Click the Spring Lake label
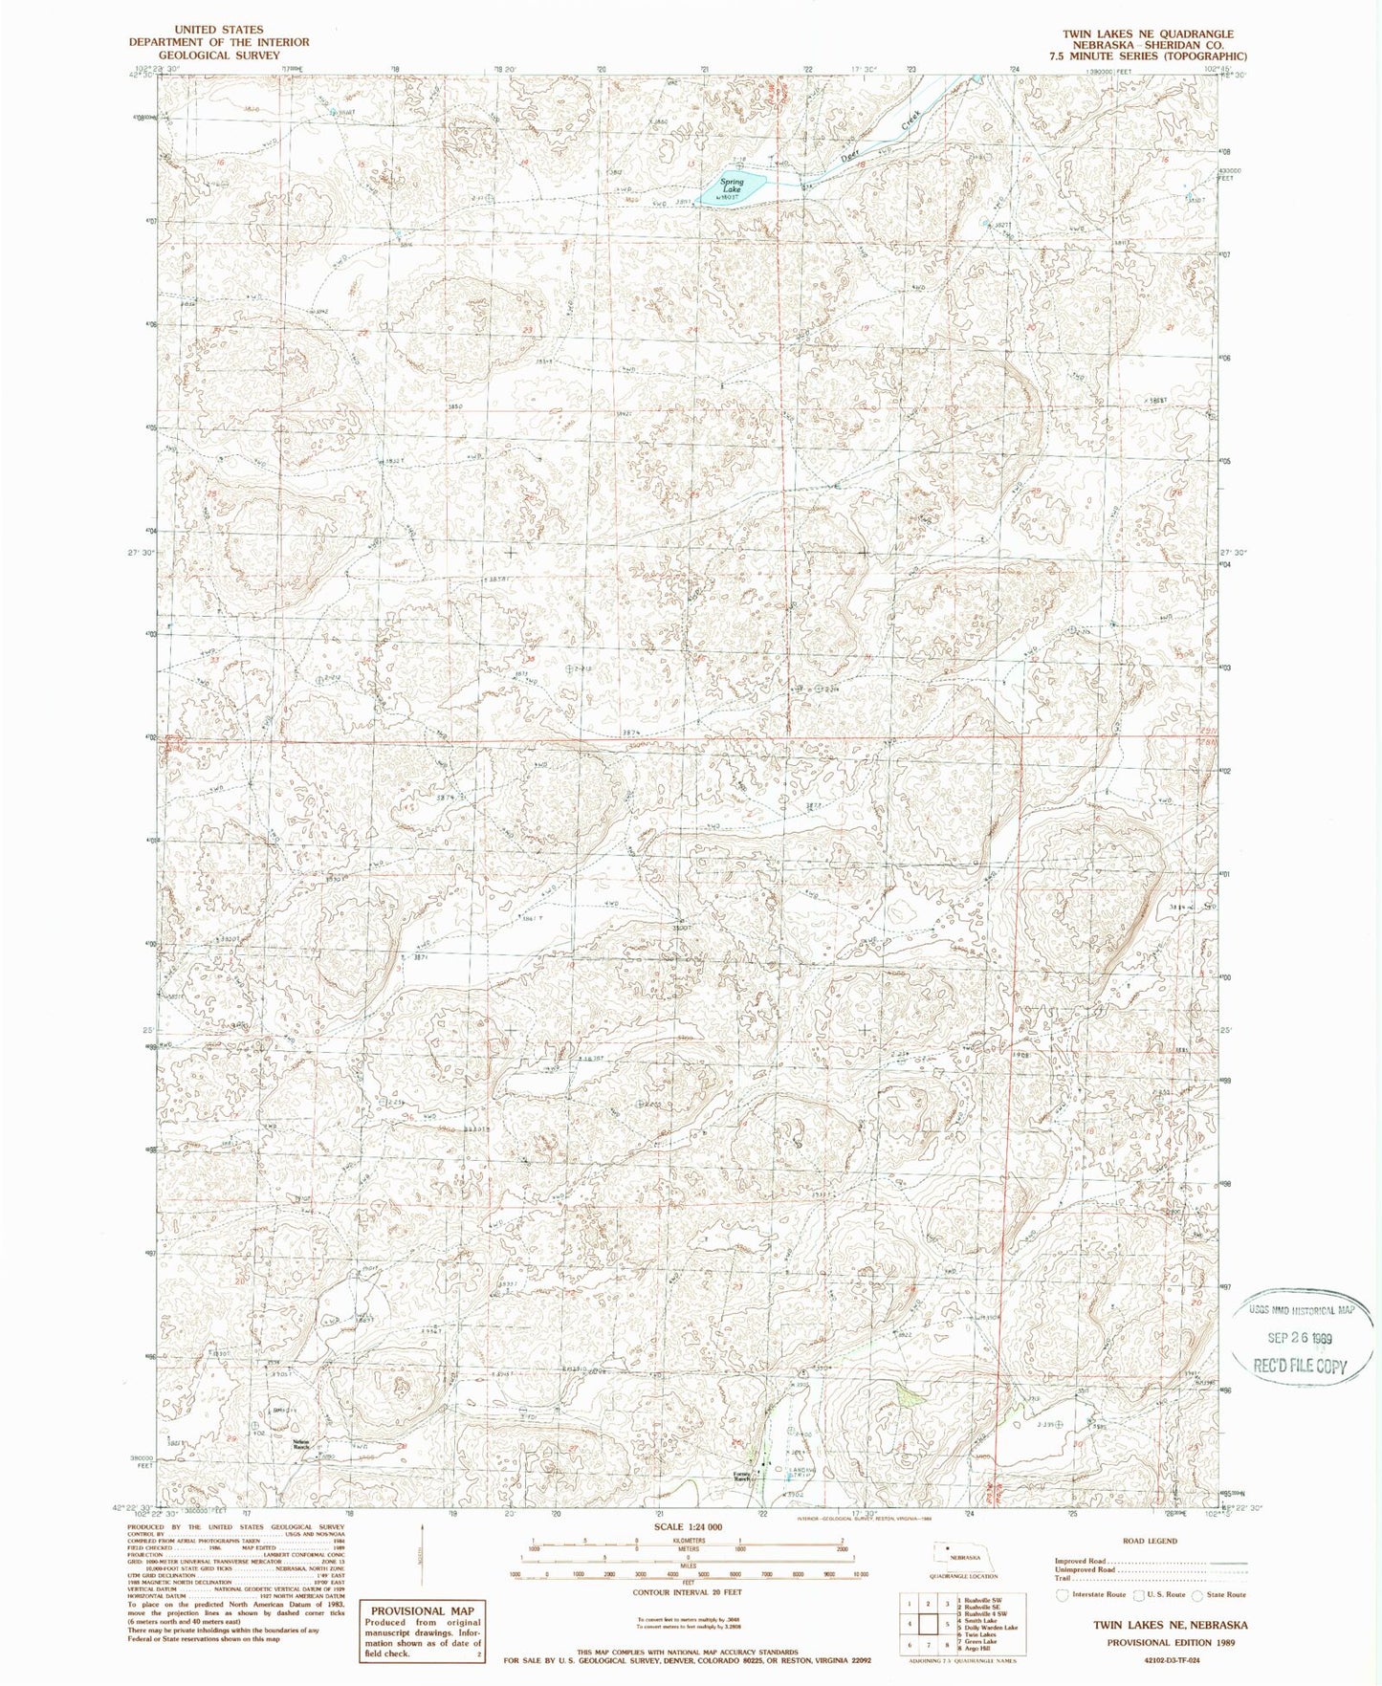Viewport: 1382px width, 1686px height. coord(732,186)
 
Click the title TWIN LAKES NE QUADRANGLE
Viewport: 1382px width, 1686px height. coord(1148,33)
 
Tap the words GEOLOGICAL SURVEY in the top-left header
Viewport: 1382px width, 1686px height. coord(219,55)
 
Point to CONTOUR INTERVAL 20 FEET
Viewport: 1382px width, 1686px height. coord(688,1591)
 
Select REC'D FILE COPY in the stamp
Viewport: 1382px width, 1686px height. coord(1299,1366)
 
